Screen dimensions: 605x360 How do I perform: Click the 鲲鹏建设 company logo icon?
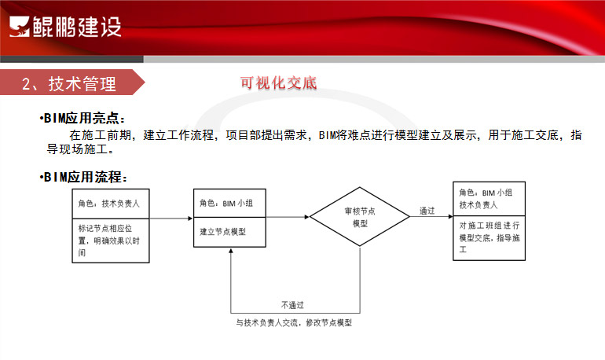[20, 27]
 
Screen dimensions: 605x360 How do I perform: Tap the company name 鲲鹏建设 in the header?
[77, 27]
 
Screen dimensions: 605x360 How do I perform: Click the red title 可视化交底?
[278, 83]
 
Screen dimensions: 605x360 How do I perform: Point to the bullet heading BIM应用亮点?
[82, 118]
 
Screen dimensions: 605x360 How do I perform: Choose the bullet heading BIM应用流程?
[83, 177]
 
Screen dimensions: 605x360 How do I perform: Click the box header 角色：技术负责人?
[108, 204]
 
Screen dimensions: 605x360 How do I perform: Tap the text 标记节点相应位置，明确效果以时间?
[108, 241]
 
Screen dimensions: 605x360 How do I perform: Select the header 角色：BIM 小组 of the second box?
[226, 203]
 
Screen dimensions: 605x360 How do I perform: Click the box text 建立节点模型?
[222, 232]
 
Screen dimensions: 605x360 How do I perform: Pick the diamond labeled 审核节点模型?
[360, 216]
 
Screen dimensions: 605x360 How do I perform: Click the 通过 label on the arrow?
[427, 211]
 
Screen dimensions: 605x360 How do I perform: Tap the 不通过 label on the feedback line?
[292, 305]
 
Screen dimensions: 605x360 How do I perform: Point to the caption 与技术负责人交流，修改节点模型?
[294, 322]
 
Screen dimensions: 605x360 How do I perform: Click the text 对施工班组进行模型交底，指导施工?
[489, 237]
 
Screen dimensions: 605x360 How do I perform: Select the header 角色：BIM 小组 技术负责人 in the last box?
[486, 199]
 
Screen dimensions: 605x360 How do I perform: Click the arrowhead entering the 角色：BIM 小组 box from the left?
[190, 219]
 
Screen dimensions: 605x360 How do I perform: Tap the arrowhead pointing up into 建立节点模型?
[231, 251]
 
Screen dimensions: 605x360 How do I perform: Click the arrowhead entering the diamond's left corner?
[307, 217]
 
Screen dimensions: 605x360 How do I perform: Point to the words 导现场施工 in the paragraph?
[77, 149]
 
